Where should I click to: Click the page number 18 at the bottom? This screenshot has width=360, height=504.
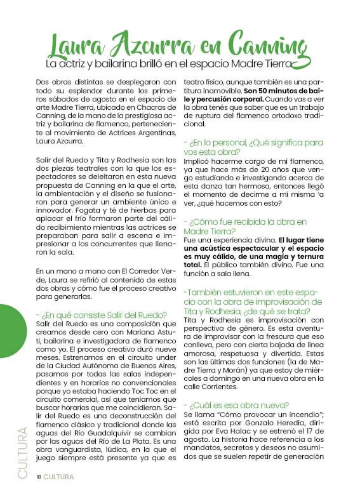pos(39,476)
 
